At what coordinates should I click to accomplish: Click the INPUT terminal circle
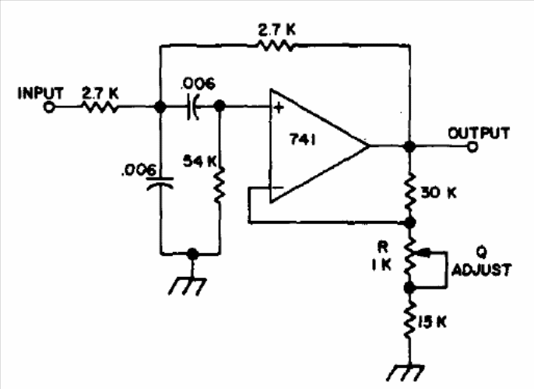49,107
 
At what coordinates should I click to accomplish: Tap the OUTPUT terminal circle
473,147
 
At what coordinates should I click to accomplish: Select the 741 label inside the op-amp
303,139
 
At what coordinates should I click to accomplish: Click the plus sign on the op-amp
279,108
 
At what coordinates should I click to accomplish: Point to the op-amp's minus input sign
278,187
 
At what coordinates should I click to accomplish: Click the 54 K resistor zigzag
220,184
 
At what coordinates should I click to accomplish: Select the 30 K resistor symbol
410,192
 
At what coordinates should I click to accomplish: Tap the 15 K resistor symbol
410,319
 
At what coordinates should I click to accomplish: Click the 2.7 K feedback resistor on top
276,45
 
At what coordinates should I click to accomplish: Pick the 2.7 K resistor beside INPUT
100,107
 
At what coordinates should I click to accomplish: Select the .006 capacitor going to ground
160,183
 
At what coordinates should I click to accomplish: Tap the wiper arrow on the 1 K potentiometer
422,253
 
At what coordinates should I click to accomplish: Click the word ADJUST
481,270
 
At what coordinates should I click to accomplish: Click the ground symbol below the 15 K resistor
406,373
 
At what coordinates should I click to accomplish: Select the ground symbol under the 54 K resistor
188,286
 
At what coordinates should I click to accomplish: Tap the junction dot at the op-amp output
409,147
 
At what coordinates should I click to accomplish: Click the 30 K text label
438,193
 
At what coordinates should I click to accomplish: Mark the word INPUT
40,93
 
